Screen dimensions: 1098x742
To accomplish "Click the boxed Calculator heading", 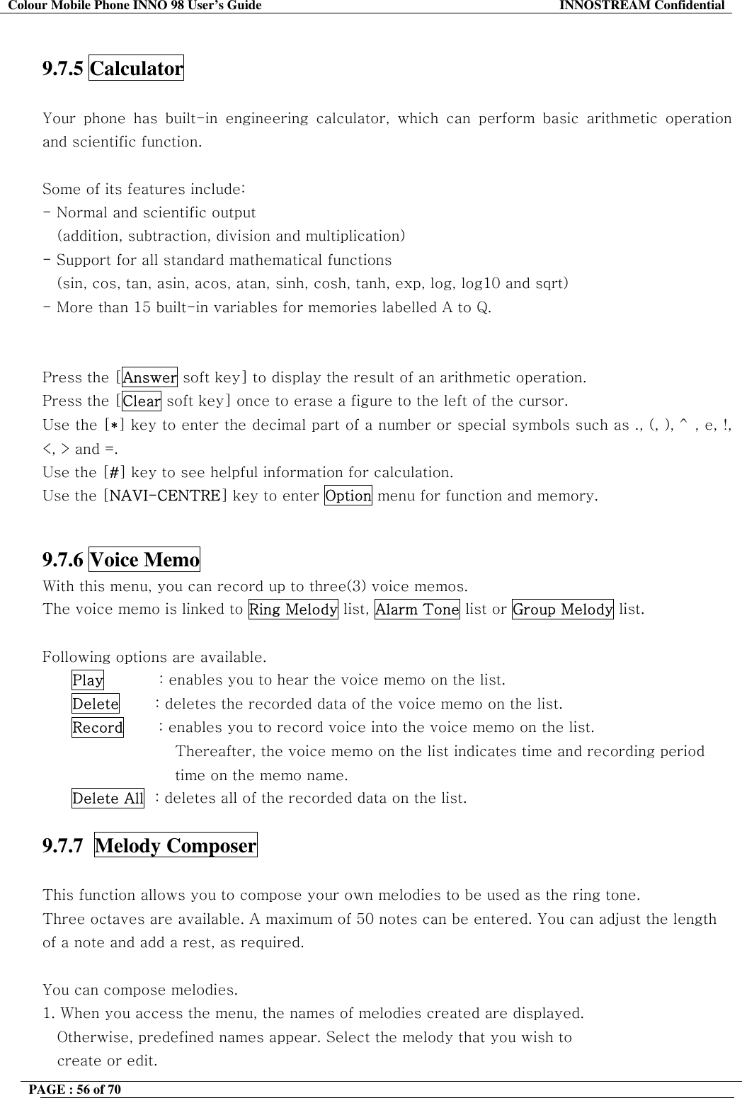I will click(x=136, y=69).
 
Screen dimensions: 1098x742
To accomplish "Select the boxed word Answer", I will click(x=149, y=377).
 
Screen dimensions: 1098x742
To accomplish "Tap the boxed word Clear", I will click(x=142, y=401).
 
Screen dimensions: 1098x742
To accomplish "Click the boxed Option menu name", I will click(x=348, y=496).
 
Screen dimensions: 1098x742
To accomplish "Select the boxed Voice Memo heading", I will click(x=144, y=560).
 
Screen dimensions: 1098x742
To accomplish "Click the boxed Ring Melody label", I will click(x=293, y=609).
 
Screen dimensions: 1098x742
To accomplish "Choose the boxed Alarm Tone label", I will click(x=417, y=609).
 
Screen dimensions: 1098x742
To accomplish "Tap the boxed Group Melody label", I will click(x=562, y=609).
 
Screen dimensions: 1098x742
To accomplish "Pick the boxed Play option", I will click(x=88, y=680).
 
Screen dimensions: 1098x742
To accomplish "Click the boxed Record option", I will click(x=98, y=728).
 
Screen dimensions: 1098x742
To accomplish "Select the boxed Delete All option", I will click(x=108, y=799).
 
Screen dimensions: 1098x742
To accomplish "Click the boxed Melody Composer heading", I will click(x=176, y=846).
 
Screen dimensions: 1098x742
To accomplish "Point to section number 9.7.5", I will click(x=63, y=69).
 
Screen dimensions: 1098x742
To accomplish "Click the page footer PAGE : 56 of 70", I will click(x=81, y=1090).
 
